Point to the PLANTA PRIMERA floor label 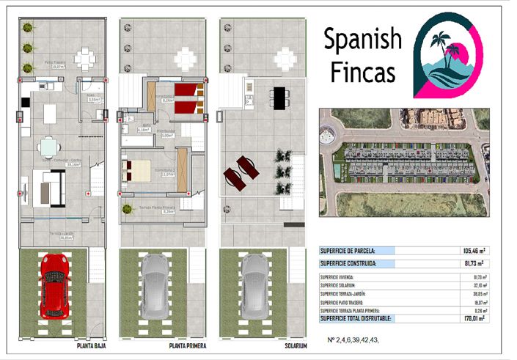[188, 345]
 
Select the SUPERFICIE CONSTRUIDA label [349, 262]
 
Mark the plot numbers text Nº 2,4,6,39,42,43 [355, 341]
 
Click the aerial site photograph [404, 162]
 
